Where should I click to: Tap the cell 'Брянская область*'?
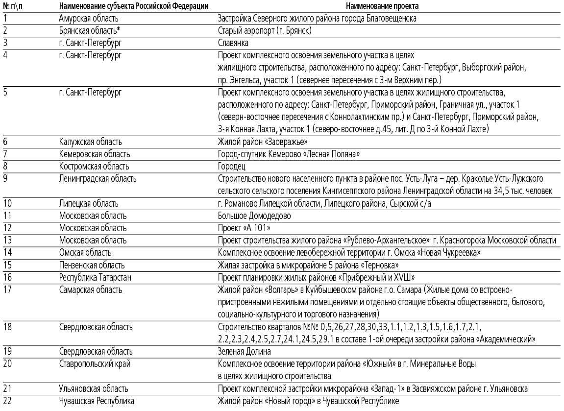click(x=90, y=31)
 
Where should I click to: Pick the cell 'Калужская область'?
click(x=90, y=142)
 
